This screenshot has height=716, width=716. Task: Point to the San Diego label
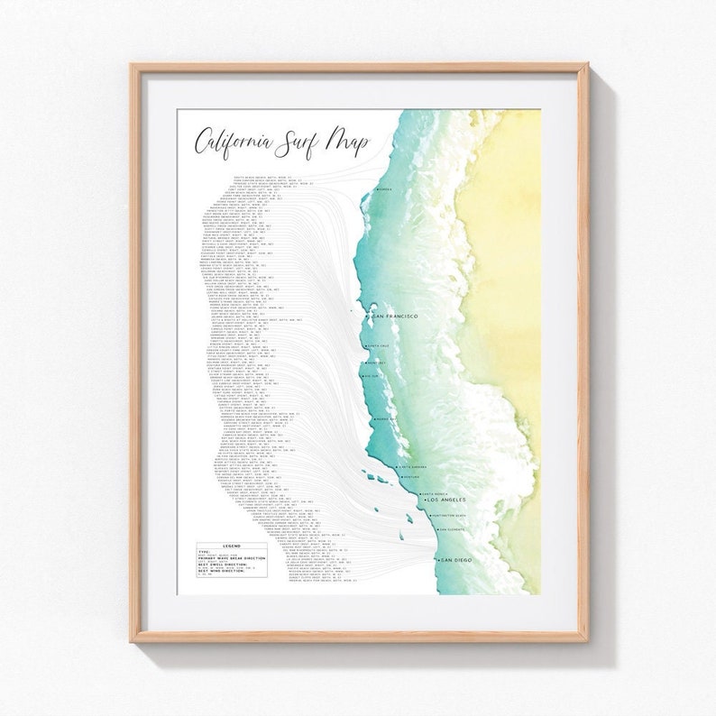coord(456,560)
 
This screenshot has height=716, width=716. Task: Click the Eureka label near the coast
coord(386,190)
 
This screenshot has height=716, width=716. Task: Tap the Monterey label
coord(377,363)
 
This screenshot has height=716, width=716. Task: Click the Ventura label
coord(412,478)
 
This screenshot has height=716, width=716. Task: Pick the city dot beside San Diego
coord(436,560)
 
